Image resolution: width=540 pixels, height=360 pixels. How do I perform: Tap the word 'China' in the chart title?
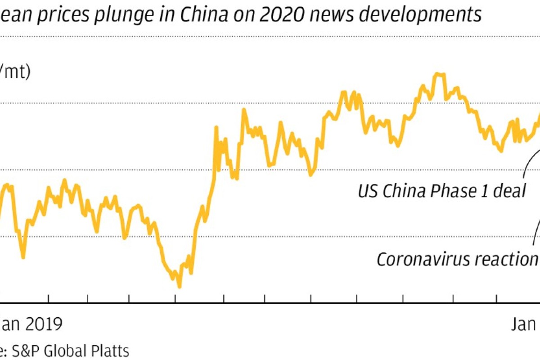[x=195, y=14]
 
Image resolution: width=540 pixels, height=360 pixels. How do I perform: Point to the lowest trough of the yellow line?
[x=179, y=286]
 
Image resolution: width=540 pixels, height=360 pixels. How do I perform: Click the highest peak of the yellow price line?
[x=439, y=74]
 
